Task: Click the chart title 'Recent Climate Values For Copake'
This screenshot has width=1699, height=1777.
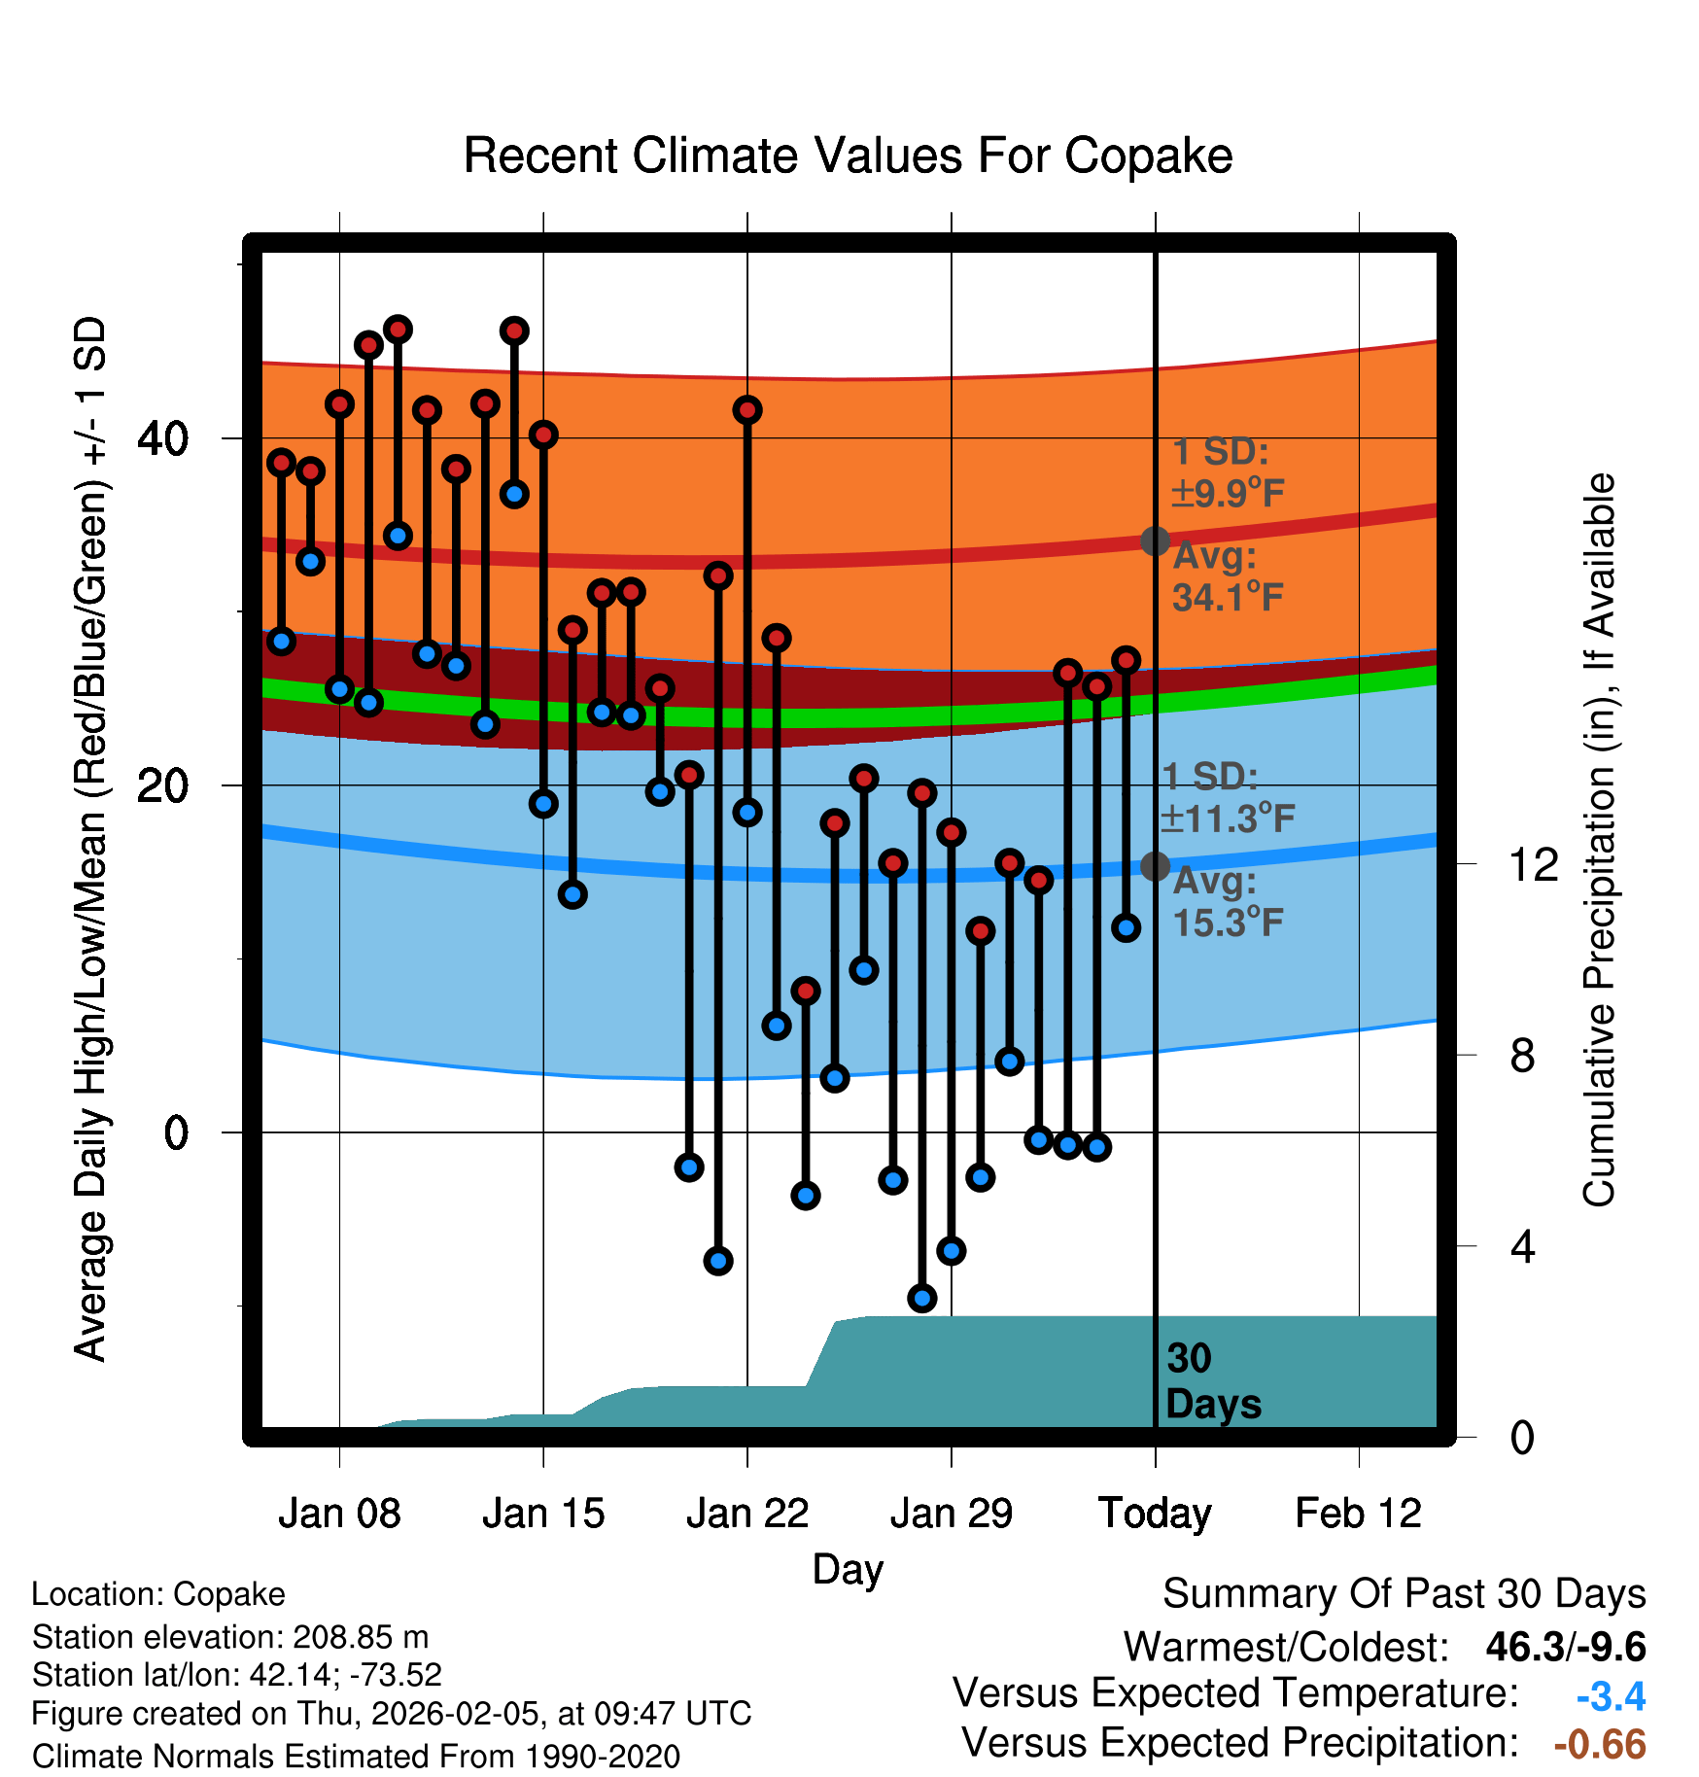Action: click(x=848, y=156)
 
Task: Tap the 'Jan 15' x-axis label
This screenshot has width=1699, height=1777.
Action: click(x=543, y=1514)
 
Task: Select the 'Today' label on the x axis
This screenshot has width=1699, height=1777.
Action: click(x=1155, y=1514)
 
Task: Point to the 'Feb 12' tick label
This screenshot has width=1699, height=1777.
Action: click(x=1358, y=1514)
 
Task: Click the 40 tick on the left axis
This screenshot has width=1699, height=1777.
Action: click(x=162, y=439)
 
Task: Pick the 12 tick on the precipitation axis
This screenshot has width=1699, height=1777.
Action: click(x=1534, y=864)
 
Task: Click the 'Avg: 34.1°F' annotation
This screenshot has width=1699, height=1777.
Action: click(x=1228, y=576)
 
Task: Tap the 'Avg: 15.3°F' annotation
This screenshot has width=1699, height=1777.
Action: click(x=1228, y=901)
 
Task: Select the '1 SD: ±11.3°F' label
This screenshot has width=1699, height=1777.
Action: click(x=1228, y=798)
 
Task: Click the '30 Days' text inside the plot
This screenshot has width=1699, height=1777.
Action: click(x=1212, y=1381)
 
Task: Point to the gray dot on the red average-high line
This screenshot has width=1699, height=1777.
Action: click(x=1155, y=540)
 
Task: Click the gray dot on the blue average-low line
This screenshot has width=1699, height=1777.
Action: click(x=1155, y=865)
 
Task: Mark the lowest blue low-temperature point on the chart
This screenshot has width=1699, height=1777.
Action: click(x=922, y=1298)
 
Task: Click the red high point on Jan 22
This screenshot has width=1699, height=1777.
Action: click(x=747, y=410)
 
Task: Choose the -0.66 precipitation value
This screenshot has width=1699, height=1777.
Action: click(x=1600, y=1745)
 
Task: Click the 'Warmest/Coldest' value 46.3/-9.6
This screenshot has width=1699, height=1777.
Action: click(x=1566, y=1647)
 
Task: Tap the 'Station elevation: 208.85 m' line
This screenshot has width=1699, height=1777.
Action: click(x=230, y=1637)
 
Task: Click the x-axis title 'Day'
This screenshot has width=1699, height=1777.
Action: click(x=848, y=1569)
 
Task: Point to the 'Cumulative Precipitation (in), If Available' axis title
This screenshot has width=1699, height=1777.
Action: click(x=1599, y=840)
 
